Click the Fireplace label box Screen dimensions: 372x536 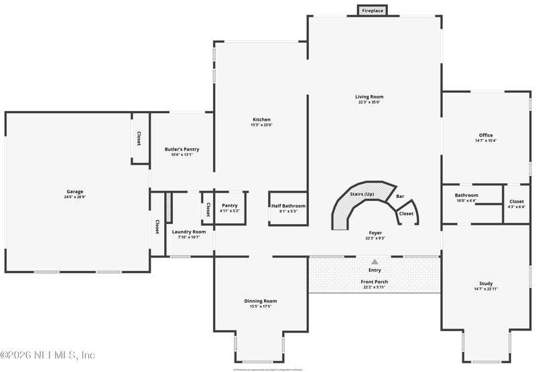point(373,11)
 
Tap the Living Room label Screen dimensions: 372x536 point(368,97)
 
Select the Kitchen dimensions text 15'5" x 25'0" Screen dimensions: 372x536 point(261,125)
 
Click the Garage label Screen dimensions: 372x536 point(74,191)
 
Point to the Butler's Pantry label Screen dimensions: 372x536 point(182,149)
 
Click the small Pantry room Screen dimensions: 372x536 point(230,208)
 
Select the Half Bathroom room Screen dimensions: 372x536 point(288,208)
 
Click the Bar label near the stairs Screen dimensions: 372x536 point(400,197)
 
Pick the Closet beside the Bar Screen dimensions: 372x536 point(407,213)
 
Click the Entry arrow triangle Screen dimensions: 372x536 point(375,262)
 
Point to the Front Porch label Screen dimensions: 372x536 point(374,282)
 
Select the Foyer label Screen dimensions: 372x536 point(375,233)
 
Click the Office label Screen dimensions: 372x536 point(486,135)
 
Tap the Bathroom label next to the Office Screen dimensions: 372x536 point(466,195)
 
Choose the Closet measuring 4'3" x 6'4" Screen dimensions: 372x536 point(517,203)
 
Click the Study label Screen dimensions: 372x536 point(486,284)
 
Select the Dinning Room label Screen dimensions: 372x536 point(261,301)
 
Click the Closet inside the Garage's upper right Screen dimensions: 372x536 point(139,138)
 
